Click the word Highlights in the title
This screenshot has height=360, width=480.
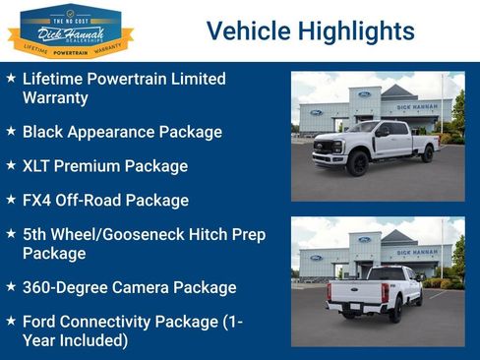350,31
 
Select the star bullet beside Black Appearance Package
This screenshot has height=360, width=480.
11,130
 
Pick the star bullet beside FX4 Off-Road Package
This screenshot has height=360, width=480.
11,200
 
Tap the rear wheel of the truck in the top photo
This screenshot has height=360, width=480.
427,154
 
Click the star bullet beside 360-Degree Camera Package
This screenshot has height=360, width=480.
11,287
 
